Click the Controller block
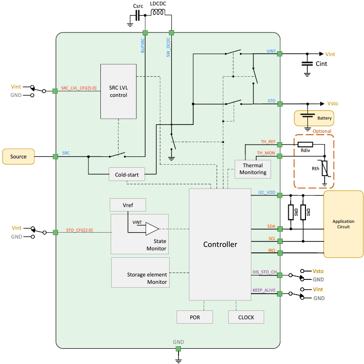click(x=220, y=244)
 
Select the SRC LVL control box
click(x=118, y=91)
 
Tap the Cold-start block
click(x=127, y=174)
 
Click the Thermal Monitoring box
click(x=253, y=169)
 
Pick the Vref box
click(x=127, y=205)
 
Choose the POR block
click(x=195, y=317)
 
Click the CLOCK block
click(x=246, y=317)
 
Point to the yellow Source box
click(x=18, y=156)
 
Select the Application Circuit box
click(x=343, y=224)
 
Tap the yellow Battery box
click(x=313, y=118)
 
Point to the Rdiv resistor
click(x=305, y=145)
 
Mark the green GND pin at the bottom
click(x=178, y=349)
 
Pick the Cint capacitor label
click(x=321, y=64)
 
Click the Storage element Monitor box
click(x=140, y=272)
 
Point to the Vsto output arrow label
click(x=333, y=104)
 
